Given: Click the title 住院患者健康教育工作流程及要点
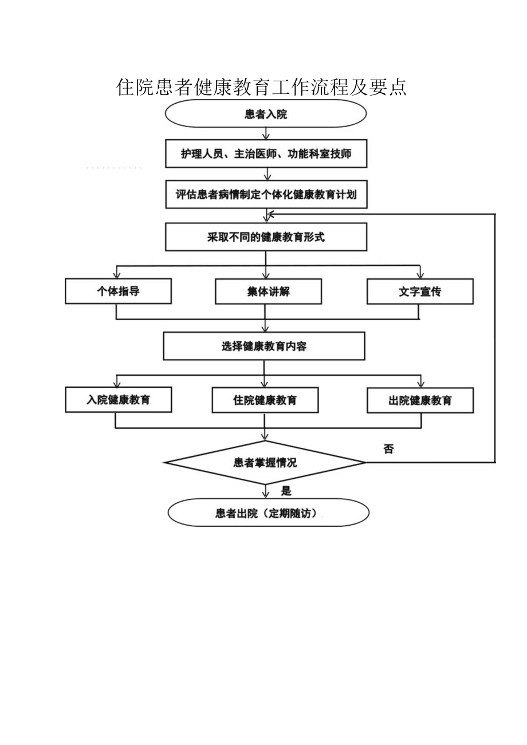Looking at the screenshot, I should [261, 87].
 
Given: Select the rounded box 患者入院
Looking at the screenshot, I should [266, 114].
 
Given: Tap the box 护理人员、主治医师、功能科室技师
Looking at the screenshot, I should [266, 154].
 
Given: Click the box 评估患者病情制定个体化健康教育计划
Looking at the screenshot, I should [266, 195].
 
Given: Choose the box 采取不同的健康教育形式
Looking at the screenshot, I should [266, 237].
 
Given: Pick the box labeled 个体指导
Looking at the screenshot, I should [118, 291].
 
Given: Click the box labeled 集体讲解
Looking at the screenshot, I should [268, 291].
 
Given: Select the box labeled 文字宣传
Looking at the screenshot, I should [420, 291].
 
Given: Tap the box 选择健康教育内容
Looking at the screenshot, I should [264, 346].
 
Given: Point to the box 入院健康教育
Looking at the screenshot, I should [118, 400].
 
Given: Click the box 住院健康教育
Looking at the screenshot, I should [265, 400].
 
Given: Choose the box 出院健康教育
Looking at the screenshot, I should [420, 400].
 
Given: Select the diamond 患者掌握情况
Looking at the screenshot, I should [265, 462].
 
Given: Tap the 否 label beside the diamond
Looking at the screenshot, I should [388, 450].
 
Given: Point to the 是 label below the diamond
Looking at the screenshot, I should [286, 491].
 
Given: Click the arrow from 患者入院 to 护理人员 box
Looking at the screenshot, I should [266, 133].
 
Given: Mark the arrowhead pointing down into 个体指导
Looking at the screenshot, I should [118, 274].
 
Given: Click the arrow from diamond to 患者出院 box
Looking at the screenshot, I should [265, 491].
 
